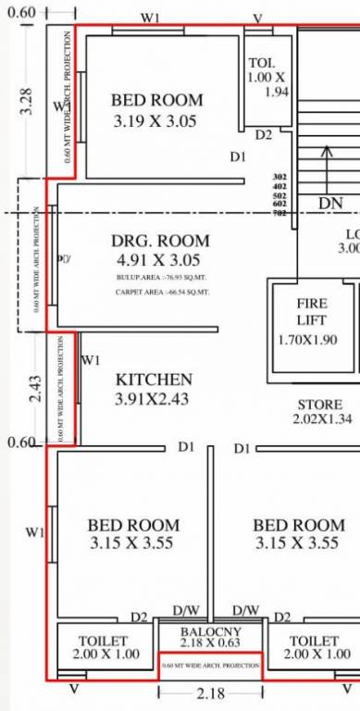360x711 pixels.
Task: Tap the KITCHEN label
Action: coord(154,380)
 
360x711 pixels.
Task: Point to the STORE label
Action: coord(320,405)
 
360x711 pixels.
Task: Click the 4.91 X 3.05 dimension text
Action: coord(154,261)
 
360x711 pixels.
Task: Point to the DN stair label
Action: coord(329,203)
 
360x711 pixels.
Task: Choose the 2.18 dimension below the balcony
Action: coord(210,693)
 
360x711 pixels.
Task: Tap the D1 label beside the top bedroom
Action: coord(238,157)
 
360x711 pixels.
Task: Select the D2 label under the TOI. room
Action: coord(264,135)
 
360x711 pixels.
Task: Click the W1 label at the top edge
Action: coord(148,19)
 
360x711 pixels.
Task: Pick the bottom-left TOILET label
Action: coord(103,641)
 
